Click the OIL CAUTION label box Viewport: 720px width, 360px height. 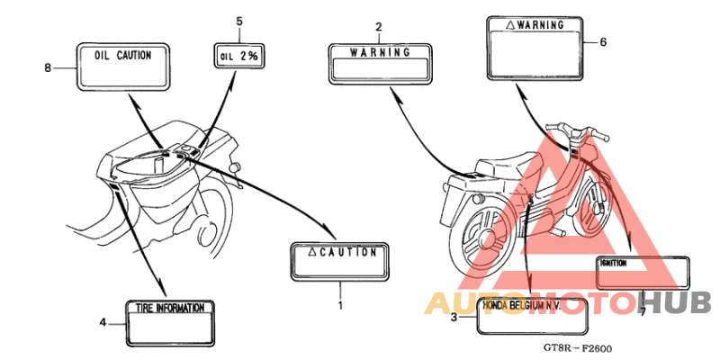(123, 66)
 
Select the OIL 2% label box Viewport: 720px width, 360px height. (238, 56)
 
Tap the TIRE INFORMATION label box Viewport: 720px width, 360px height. (170, 323)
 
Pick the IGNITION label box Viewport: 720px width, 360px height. (643, 273)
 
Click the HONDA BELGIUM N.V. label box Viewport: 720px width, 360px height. (533, 317)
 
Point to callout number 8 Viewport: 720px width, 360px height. (48, 68)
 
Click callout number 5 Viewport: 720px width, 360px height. (239, 22)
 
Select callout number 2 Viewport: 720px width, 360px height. (378, 27)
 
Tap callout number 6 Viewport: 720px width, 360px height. (603, 42)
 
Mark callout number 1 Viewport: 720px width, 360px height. (340, 304)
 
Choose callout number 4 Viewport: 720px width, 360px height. (103, 323)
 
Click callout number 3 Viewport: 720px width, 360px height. (454, 317)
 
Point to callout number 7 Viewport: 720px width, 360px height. (643, 311)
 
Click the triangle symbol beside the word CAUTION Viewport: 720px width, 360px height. (310, 251)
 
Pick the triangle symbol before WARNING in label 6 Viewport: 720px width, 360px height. (510, 26)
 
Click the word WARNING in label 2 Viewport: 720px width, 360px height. (380, 52)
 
